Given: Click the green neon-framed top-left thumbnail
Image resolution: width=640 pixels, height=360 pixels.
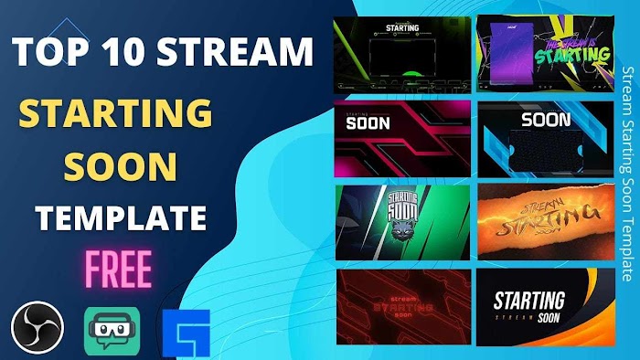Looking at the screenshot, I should [402, 53].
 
